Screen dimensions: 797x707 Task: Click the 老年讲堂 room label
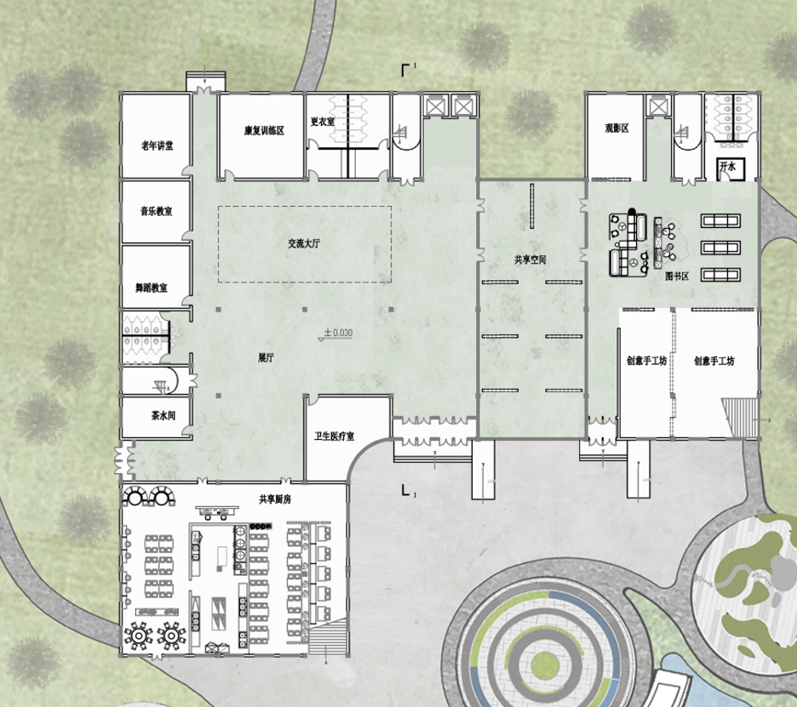(x=157, y=145)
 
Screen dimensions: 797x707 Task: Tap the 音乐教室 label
(x=156, y=211)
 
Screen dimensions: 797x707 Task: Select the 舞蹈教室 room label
(x=151, y=288)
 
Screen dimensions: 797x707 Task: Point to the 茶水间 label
(x=163, y=415)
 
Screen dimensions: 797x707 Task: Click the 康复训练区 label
(x=264, y=130)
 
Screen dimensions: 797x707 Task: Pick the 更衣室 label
(x=323, y=122)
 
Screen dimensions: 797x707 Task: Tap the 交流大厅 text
(x=304, y=244)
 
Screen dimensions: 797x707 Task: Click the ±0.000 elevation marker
(x=338, y=333)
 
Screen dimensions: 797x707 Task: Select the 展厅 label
(x=266, y=357)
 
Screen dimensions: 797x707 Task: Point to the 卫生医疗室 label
(x=334, y=436)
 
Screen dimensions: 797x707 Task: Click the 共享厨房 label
(x=275, y=499)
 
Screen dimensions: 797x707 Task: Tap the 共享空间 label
(x=530, y=260)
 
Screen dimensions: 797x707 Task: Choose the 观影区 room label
(x=616, y=128)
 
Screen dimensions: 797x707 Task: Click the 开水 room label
(x=727, y=166)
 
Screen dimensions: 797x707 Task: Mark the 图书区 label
(x=677, y=277)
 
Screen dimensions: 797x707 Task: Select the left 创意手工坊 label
(x=646, y=361)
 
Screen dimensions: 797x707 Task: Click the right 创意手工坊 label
(x=714, y=361)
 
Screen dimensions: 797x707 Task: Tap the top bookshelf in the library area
(x=720, y=220)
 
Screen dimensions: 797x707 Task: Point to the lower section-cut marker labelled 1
(x=407, y=490)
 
